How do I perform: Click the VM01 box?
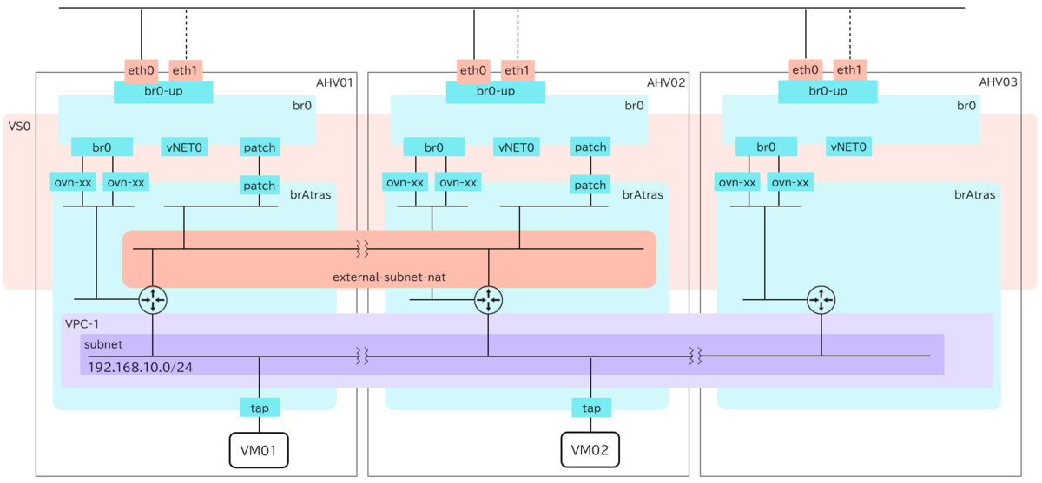(258, 450)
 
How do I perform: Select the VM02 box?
(590, 450)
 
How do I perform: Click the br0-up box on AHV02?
(495, 91)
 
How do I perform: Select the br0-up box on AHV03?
(828, 91)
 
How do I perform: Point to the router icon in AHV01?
(153, 300)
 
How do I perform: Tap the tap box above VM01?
(259, 408)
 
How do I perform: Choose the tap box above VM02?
(591, 408)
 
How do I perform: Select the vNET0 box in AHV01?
(183, 147)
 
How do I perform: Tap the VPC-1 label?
(82, 323)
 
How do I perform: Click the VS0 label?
(19, 127)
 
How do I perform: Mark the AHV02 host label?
(667, 82)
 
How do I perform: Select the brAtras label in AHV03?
(974, 194)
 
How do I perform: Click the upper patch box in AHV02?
(590, 147)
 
